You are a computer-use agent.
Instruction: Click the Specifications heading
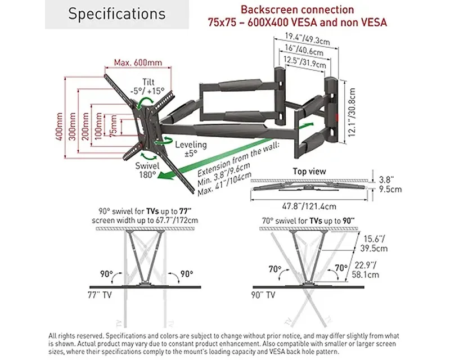click(x=117, y=14)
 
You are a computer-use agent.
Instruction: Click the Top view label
click(x=309, y=171)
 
